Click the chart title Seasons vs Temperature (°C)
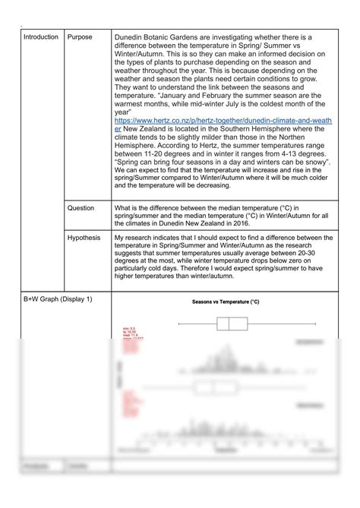point(225,301)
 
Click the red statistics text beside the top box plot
point(134,333)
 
